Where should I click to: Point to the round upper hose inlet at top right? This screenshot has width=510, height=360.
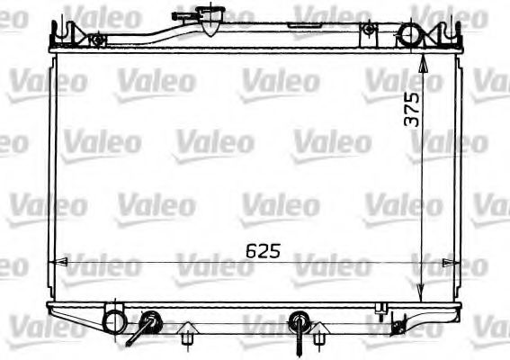(409, 35)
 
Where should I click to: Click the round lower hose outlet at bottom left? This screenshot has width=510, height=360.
(114, 319)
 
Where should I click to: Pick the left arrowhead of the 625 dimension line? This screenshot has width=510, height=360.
(56, 262)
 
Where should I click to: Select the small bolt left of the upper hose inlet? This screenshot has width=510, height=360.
(367, 31)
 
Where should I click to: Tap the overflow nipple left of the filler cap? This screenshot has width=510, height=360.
(182, 17)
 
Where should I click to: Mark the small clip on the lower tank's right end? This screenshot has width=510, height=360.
(382, 310)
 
